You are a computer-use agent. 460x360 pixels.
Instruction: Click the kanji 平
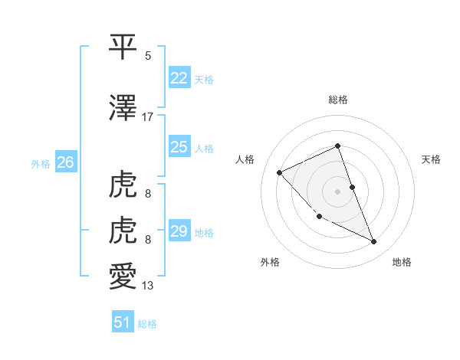tap(123, 47)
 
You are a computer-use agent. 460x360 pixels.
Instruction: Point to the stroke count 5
tap(148, 56)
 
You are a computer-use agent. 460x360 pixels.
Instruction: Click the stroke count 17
tap(148, 117)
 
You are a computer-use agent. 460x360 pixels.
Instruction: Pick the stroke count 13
tap(148, 286)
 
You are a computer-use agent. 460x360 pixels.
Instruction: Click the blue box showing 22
tap(179, 78)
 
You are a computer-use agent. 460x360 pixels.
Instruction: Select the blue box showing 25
tap(179, 147)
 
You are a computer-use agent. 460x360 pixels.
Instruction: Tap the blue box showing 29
tap(179, 231)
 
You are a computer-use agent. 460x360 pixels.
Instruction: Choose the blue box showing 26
tap(66, 162)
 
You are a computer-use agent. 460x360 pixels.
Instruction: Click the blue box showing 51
tap(123, 322)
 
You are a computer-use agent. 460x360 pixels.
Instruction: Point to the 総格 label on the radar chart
tap(338, 100)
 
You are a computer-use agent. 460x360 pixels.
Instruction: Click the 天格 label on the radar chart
tap(432, 159)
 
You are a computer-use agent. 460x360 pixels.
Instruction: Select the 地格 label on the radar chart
tap(402, 262)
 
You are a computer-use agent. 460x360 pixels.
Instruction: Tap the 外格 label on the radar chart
tap(270, 262)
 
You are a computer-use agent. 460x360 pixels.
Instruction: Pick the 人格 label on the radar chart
tap(245, 159)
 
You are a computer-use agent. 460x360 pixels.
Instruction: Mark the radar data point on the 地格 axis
tap(374, 242)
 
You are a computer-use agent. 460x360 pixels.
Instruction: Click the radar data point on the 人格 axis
tap(280, 172)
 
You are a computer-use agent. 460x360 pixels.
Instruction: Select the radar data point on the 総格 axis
tap(338, 146)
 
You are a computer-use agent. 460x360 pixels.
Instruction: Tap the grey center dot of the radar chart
tap(338, 191)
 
